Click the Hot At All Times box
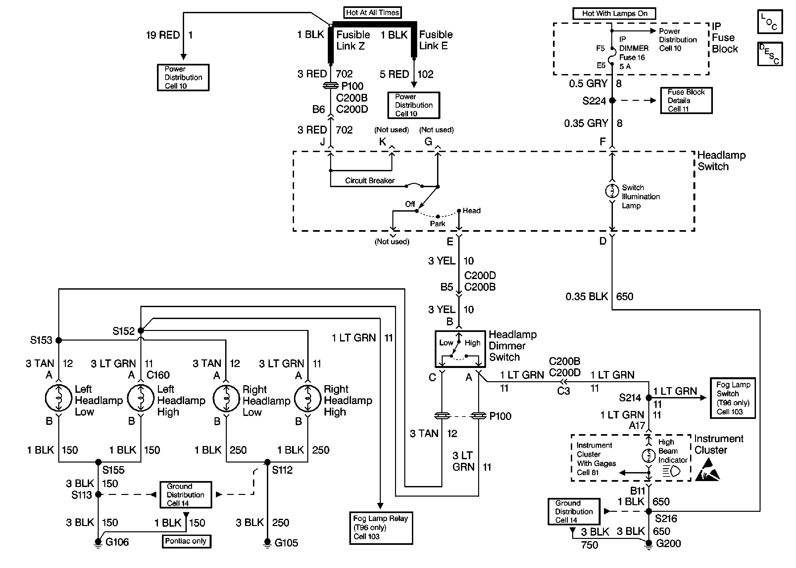click(372, 13)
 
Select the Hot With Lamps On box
click(614, 14)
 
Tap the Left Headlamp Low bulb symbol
click(59, 398)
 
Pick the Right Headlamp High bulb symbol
click(308, 398)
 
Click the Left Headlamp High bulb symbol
click(141, 398)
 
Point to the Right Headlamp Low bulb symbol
click(226, 398)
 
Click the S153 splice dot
click(59, 340)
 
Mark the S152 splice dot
click(141, 331)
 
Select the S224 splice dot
click(612, 101)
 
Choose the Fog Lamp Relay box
click(381, 528)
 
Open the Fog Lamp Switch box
click(733, 398)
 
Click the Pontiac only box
click(186, 541)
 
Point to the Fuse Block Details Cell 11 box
click(686, 101)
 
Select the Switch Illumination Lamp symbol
click(612, 191)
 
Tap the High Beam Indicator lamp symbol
click(649, 455)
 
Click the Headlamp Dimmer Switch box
click(460, 349)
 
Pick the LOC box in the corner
click(770, 22)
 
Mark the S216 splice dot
click(649, 511)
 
